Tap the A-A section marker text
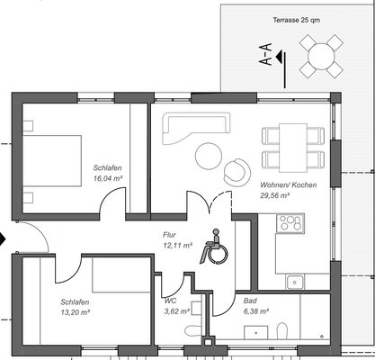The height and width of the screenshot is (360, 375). (265, 57)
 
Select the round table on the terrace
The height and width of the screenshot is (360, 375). (321, 57)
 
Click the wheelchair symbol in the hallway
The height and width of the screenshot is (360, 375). (216, 247)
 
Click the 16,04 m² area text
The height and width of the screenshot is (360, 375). (107, 179)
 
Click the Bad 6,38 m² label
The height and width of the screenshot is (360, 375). (256, 306)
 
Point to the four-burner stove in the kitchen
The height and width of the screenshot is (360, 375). (291, 223)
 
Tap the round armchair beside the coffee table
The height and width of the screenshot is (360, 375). (238, 168)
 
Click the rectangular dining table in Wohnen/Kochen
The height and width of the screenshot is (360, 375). (292, 148)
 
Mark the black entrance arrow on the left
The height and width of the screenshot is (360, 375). (4, 240)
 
